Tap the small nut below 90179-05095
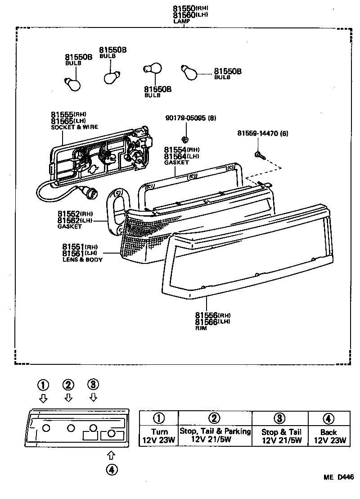184,138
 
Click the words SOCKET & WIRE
75,127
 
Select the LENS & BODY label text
83,260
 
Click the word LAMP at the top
182,21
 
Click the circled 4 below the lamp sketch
112,469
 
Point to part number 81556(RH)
212,315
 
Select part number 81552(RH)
75,213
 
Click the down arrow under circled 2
68,398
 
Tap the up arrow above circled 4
112,455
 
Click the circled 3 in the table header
279,418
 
